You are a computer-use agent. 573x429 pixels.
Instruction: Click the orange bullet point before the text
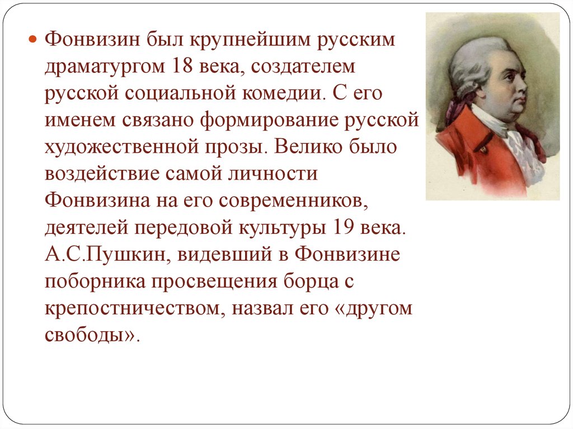pos(33,39)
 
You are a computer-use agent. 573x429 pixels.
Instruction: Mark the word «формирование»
pos(269,120)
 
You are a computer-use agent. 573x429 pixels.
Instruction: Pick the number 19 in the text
pos(343,227)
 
